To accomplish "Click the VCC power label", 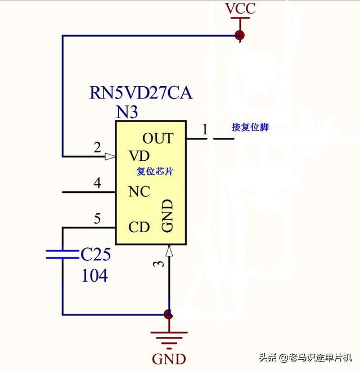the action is pos(240,8).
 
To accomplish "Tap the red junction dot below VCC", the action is pos(240,35).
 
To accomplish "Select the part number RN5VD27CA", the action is pos(141,93).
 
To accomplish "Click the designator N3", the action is pos(127,112).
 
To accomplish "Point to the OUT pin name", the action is pos(157,138).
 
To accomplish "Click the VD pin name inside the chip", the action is pos(139,156).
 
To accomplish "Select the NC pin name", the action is pos(139,191).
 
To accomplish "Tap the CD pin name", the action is pos(139,227).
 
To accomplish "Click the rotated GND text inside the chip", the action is pos(168,215).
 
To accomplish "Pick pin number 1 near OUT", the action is pos(205,129).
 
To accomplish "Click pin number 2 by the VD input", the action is pos(97,147).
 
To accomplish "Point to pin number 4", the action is pos(97,183).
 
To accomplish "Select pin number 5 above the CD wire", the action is pos(97,219).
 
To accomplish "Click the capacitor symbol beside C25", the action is pos(62,254).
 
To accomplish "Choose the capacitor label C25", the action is pos(96,254).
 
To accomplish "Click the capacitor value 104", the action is pos(94,275).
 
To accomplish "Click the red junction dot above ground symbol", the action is pos(168,314).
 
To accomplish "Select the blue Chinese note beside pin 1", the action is pos(250,128).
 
